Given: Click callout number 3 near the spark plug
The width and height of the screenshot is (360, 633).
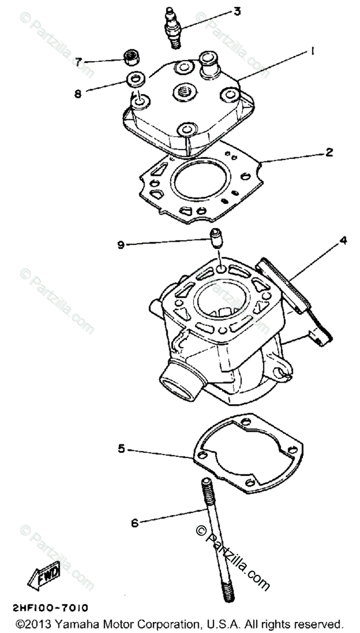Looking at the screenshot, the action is tap(237, 11).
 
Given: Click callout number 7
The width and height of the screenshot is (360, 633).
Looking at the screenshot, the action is tap(79, 62).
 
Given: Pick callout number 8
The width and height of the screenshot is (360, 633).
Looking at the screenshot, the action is tap(78, 94).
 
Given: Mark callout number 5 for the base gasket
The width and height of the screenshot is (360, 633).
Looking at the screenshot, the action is tap(121, 448).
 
